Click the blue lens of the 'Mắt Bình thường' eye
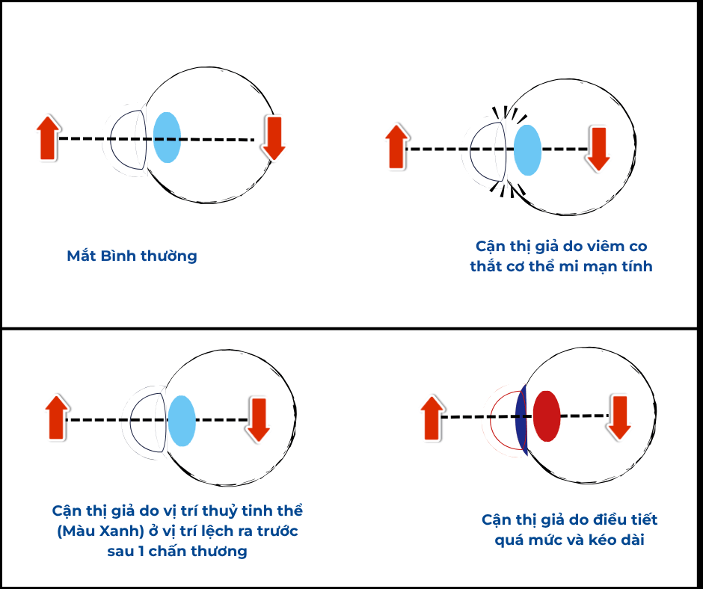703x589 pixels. pos(167,138)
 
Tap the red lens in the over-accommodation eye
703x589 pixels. pos(547,416)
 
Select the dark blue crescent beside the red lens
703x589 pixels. pos(522,419)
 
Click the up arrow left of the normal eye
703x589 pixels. pos(47,138)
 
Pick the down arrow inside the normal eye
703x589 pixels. pos(274,138)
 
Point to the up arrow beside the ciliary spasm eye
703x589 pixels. pos(396,147)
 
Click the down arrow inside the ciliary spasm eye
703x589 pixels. pos(598,149)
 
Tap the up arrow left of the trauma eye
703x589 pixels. pos(56,418)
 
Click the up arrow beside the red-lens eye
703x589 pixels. pos(431,418)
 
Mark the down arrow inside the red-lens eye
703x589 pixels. pos(619,417)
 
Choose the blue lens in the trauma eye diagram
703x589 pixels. pos(182,421)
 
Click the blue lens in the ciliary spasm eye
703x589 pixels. pos(527,150)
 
